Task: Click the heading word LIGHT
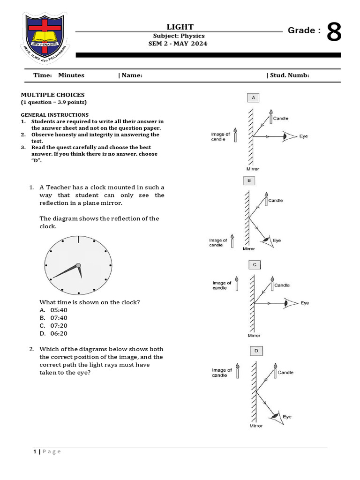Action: tap(180, 27)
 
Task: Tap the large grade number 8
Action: tap(333, 33)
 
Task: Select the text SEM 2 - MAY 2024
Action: tap(178, 44)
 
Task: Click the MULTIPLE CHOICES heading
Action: tap(52, 95)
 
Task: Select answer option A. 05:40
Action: tap(53, 310)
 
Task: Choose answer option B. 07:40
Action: tap(53, 318)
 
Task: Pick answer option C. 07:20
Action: tap(53, 326)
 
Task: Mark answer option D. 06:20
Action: tap(53, 334)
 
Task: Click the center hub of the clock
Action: tap(78, 266)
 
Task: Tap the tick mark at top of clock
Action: tap(78, 240)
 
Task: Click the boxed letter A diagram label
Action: tap(253, 97)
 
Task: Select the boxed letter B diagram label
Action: tap(248, 180)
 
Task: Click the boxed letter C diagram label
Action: tap(255, 265)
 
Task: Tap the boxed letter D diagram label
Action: tap(256, 351)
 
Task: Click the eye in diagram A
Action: tap(286, 137)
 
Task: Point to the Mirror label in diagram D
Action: tap(255, 426)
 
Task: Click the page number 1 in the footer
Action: tap(35, 451)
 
